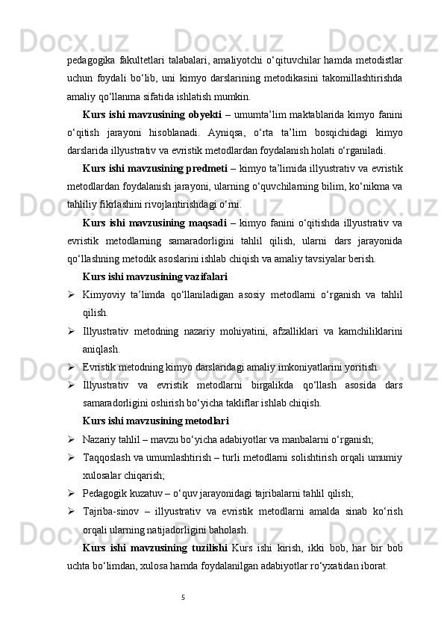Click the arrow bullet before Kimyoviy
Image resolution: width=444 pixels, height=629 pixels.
tap(69, 294)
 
